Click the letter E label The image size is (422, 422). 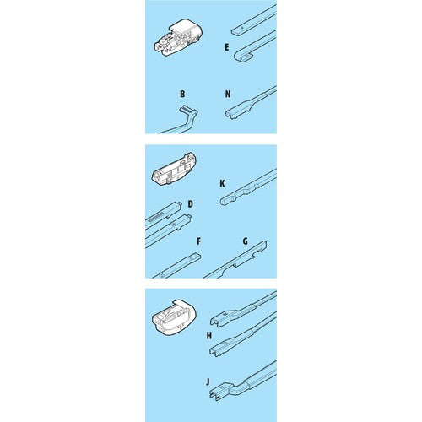(x=227, y=47)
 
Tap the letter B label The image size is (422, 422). (x=182, y=94)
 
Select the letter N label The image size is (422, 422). (x=228, y=94)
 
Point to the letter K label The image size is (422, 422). (x=222, y=184)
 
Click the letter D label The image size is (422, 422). (x=191, y=204)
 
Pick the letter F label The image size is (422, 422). (x=199, y=241)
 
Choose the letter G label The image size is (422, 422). (x=246, y=241)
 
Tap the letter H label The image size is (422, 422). (x=209, y=336)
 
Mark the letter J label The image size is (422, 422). (x=208, y=381)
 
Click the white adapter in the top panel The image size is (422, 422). (x=178, y=38)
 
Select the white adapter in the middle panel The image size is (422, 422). (x=174, y=168)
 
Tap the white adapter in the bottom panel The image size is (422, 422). (x=174, y=316)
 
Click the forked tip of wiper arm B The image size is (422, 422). (x=183, y=108)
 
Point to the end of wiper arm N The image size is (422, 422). (x=230, y=114)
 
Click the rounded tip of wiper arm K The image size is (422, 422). (x=223, y=202)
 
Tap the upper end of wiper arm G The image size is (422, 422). (x=264, y=243)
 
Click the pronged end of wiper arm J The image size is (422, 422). (x=214, y=393)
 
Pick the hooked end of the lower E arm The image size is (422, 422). (x=238, y=57)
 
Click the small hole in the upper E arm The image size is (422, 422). (x=241, y=29)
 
